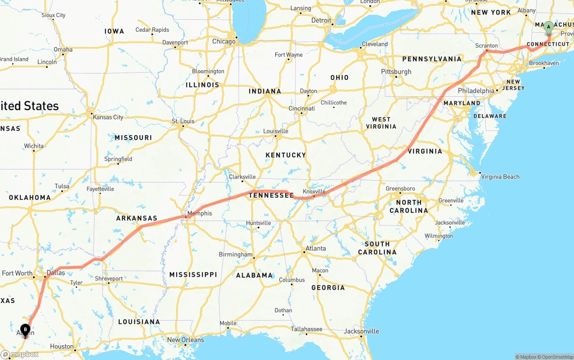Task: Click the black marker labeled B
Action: tap(26, 330)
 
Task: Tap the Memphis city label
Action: tap(200, 213)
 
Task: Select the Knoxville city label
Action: tap(314, 191)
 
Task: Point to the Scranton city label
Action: tap(487, 46)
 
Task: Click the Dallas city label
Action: tap(56, 273)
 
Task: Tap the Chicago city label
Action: tap(224, 42)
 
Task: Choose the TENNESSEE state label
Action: tap(271, 195)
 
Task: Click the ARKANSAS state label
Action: tap(137, 218)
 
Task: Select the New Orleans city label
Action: tap(186, 340)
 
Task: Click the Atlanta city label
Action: tap(316, 248)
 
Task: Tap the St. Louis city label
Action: tap(183, 121)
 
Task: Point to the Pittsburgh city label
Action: tap(396, 72)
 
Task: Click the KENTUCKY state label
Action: tap(285, 155)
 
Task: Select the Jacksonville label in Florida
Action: tap(361, 331)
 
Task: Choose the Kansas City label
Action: tap(108, 117)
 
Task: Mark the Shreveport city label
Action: tap(109, 279)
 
